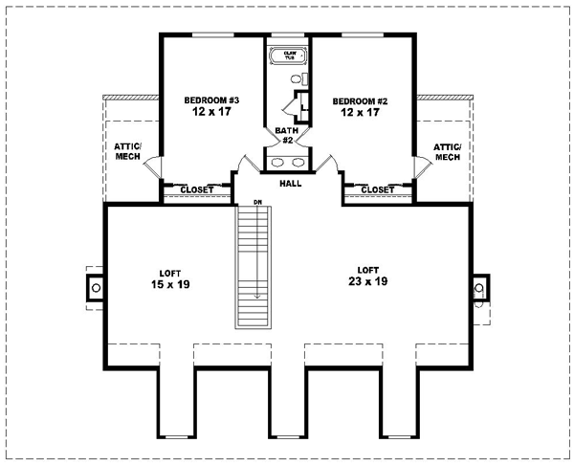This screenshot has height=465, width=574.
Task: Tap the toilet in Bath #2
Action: pyautogui.click(x=296, y=77)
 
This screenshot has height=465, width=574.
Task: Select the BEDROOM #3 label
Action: pyautogui.click(x=211, y=100)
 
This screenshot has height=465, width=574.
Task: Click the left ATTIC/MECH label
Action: pyautogui.click(x=127, y=151)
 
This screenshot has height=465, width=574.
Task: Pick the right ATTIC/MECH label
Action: pyautogui.click(x=448, y=151)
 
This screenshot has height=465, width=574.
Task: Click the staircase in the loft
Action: pyautogui.click(x=254, y=268)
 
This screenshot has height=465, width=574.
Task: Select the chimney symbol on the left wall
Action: pyautogui.click(x=95, y=287)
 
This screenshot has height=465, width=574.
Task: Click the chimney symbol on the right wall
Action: pyautogui.click(x=478, y=286)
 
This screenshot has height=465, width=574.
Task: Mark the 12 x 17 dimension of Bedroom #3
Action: pyautogui.click(x=211, y=113)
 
